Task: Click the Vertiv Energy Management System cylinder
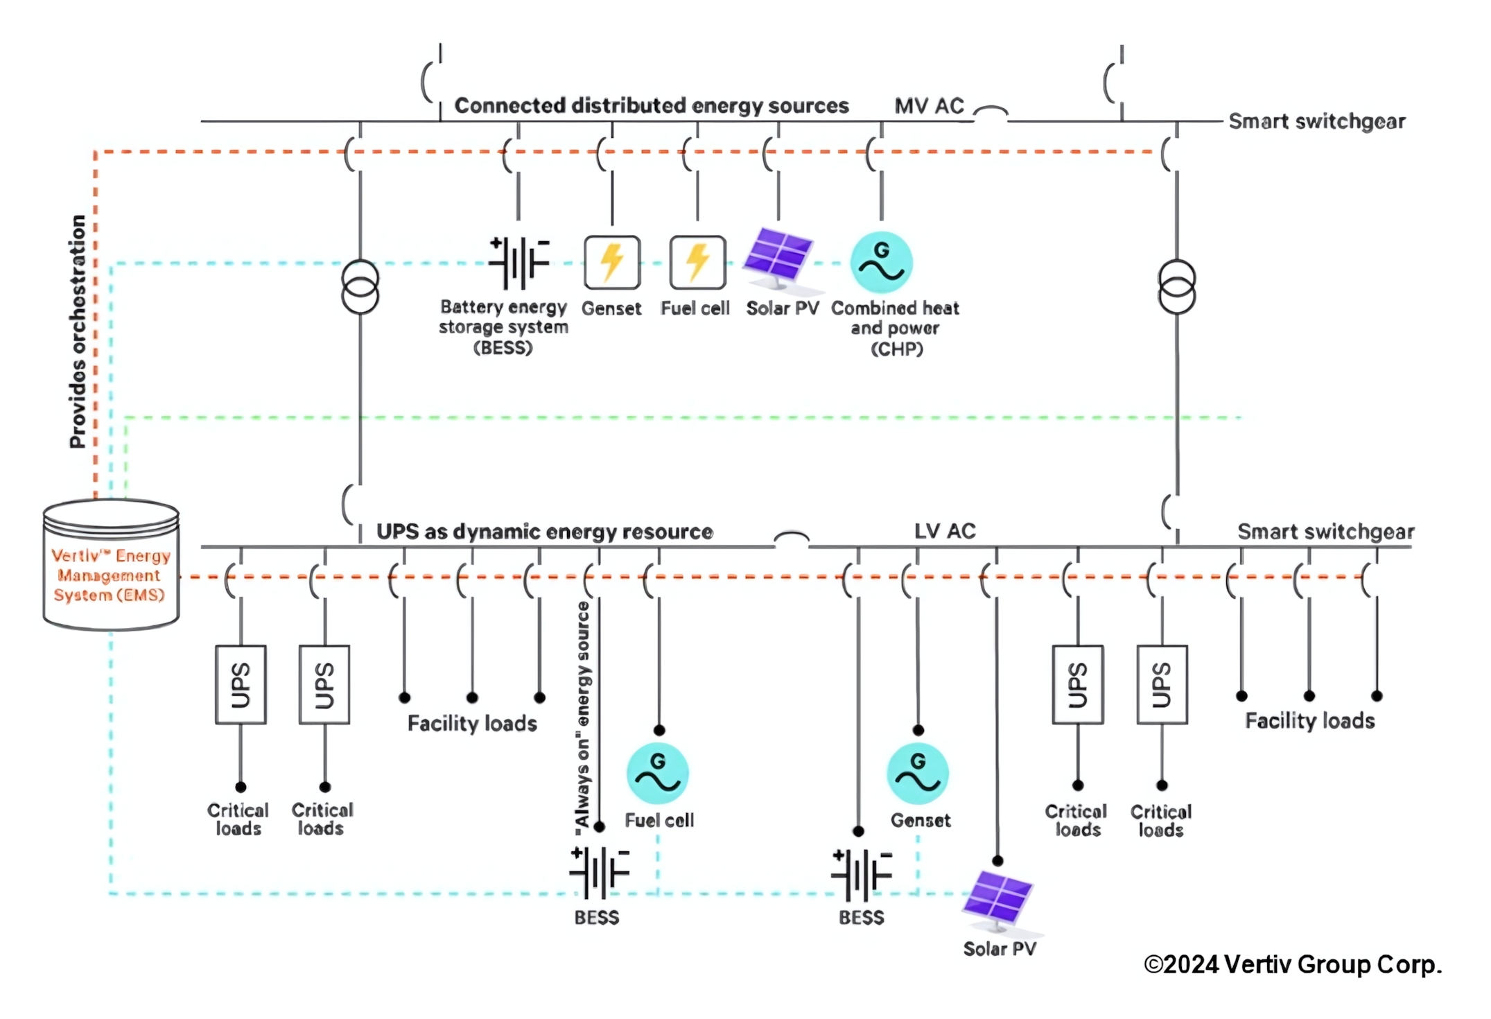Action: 111,565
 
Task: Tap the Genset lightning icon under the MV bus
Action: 611,262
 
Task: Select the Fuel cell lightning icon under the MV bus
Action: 697,262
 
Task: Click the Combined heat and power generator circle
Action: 881,262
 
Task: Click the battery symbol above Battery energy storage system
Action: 518,263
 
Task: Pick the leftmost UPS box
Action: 241,684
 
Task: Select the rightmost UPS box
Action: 1162,684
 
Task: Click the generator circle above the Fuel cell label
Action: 657,774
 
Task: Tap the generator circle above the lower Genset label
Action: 918,774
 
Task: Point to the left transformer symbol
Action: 360,287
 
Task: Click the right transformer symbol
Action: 1176,287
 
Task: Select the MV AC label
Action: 928,106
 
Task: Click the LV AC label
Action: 944,532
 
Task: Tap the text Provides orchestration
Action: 78,331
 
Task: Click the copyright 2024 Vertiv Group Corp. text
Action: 1292,965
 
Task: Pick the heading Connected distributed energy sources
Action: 651,106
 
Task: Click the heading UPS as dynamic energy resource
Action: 544,532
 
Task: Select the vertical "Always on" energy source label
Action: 583,714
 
